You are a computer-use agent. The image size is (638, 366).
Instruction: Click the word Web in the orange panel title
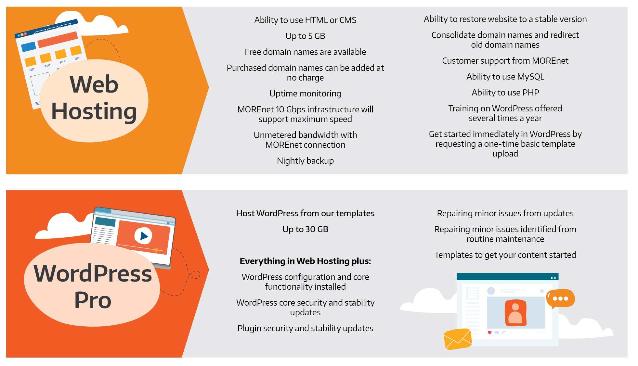click(94, 84)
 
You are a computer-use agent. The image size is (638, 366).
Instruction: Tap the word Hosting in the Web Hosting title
click(94, 112)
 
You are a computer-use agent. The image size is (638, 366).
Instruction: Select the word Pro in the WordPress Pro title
click(93, 300)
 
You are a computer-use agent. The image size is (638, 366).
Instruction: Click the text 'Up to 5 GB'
click(305, 36)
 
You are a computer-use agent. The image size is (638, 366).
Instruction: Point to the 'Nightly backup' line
click(305, 161)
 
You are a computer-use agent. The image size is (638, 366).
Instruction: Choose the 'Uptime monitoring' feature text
click(305, 94)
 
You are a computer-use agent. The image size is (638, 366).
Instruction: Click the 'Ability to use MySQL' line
click(505, 77)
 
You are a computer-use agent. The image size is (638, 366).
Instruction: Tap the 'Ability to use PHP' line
click(505, 93)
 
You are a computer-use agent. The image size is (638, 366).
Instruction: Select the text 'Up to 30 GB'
click(305, 229)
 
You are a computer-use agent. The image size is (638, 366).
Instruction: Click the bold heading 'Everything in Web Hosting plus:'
click(305, 261)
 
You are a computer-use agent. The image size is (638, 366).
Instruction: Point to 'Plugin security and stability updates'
click(305, 328)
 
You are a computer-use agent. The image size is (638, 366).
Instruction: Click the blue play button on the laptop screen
click(143, 236)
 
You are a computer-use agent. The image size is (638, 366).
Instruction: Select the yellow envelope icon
click(458, 339)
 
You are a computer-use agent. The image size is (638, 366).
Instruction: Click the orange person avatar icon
click(515, 313)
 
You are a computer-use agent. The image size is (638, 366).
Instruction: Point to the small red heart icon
click(489, 333)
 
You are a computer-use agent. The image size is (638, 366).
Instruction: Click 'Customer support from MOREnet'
click(505, 61)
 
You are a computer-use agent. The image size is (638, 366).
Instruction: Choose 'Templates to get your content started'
click(505, 255)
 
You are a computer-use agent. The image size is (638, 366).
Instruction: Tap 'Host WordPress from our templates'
click(305, 213)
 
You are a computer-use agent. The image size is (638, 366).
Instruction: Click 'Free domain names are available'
click(305, 52)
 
